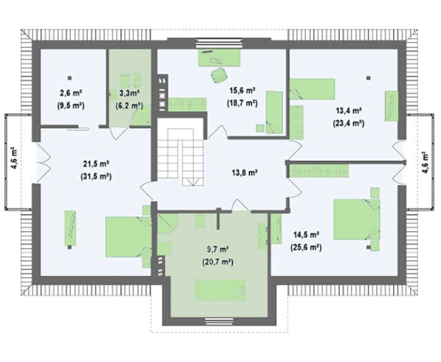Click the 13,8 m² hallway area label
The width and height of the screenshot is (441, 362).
point(244,173)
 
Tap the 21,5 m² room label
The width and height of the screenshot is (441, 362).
point(96,164)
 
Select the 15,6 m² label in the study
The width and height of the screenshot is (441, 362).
point(243,91)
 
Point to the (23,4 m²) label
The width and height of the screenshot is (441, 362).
point(348,123)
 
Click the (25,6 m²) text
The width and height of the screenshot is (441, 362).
point(306,247)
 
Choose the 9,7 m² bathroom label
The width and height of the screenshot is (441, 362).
point(217,249)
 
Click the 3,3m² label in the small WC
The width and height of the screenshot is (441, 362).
point(130,93)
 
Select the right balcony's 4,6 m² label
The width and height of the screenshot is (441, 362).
point(425,163)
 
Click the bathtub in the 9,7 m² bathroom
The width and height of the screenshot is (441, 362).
point(220,290)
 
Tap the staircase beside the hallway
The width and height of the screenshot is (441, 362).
point(180,157)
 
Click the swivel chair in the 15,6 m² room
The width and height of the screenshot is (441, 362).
point(219,75)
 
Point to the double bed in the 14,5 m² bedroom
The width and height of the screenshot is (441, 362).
point(357,219)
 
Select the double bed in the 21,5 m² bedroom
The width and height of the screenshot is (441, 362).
point(129,236)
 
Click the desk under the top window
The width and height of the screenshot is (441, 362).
point(219,58)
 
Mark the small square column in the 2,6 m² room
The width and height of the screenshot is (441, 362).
point(69,78)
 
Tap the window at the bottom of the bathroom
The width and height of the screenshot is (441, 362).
point(219,321)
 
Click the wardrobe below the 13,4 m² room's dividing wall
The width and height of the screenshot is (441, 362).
point(319,171)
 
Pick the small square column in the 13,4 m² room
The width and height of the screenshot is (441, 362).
point(369,78)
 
